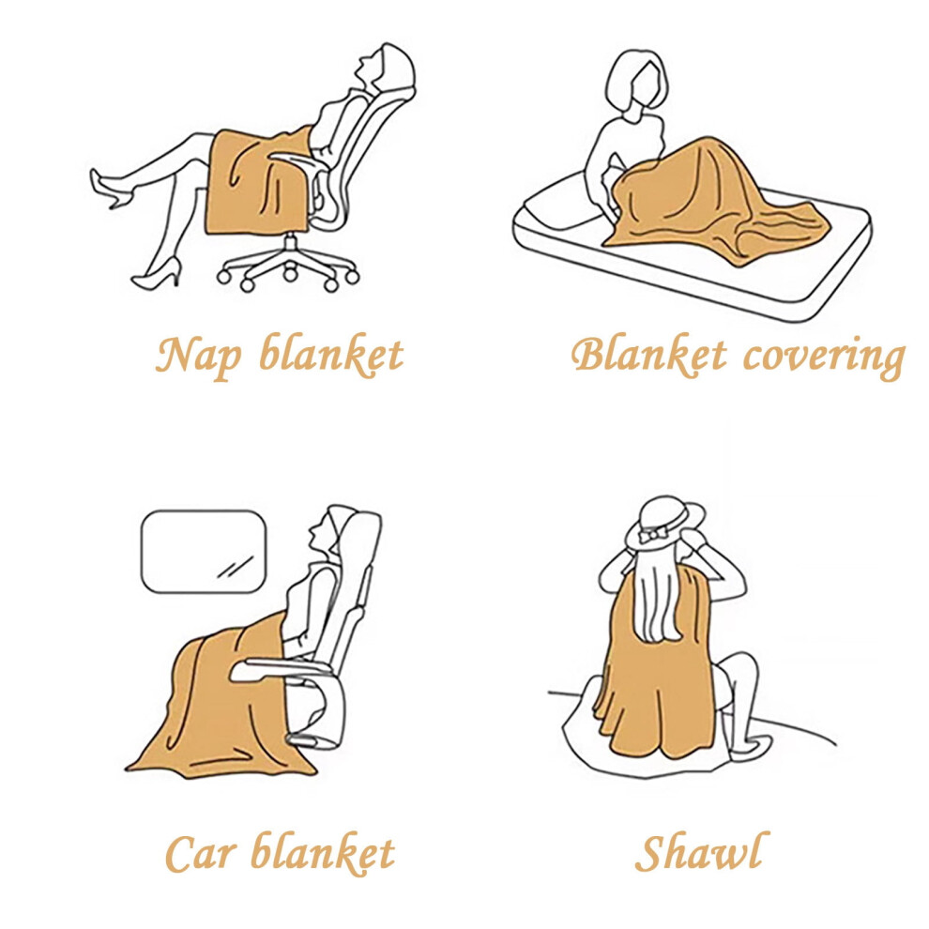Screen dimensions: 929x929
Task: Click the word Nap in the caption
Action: [199, 356]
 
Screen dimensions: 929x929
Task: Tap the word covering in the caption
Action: [824, 357]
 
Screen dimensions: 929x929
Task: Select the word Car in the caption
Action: [201, 853]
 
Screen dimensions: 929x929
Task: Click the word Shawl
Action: [702, 851]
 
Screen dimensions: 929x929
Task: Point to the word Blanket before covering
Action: [648, 355]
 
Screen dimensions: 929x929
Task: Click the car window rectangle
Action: [204, 552]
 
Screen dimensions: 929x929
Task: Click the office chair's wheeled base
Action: [288, 265]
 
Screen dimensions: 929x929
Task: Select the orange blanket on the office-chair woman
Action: [259, 181]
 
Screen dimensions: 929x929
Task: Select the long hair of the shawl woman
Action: [658, 599]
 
